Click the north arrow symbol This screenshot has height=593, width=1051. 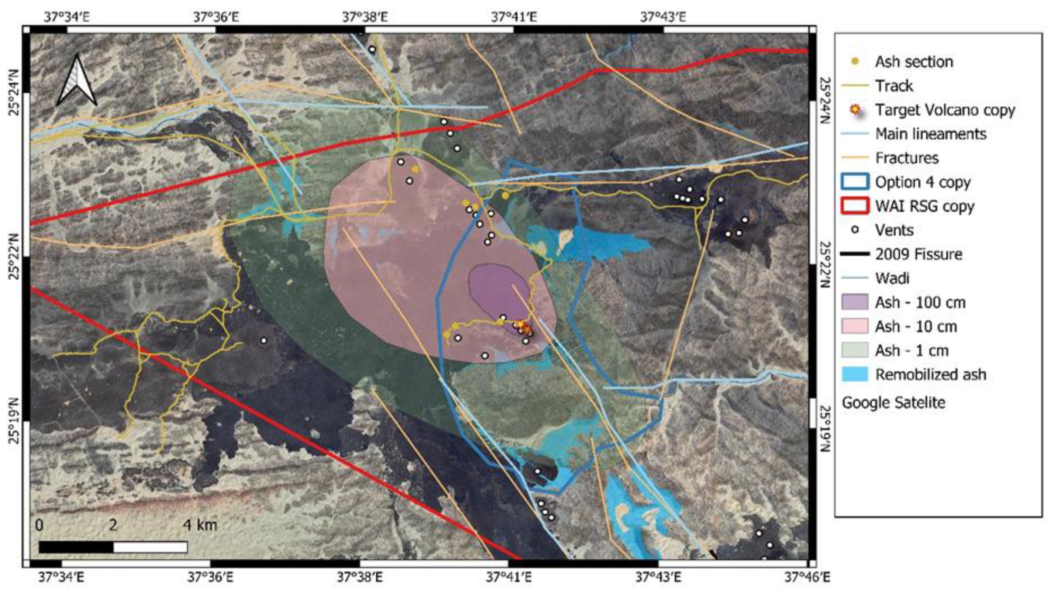(77, 81)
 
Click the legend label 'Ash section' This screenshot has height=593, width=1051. (914, 62)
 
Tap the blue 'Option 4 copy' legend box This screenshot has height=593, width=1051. (854, 182)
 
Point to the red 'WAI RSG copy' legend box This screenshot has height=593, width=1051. (854, 206)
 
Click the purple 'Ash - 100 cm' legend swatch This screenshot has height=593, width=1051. (854, 302)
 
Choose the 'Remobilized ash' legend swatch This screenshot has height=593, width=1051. (854, 375)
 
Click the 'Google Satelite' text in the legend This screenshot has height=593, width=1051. (893, 403)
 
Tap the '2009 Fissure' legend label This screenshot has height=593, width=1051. (919, 254)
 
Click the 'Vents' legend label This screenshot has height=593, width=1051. (894, 230)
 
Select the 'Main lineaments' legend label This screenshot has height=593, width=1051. (931, 134)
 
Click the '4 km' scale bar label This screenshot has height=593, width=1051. (200, 525)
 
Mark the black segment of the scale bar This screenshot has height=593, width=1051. (76, 547)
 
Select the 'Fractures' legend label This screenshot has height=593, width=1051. (907, 158)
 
